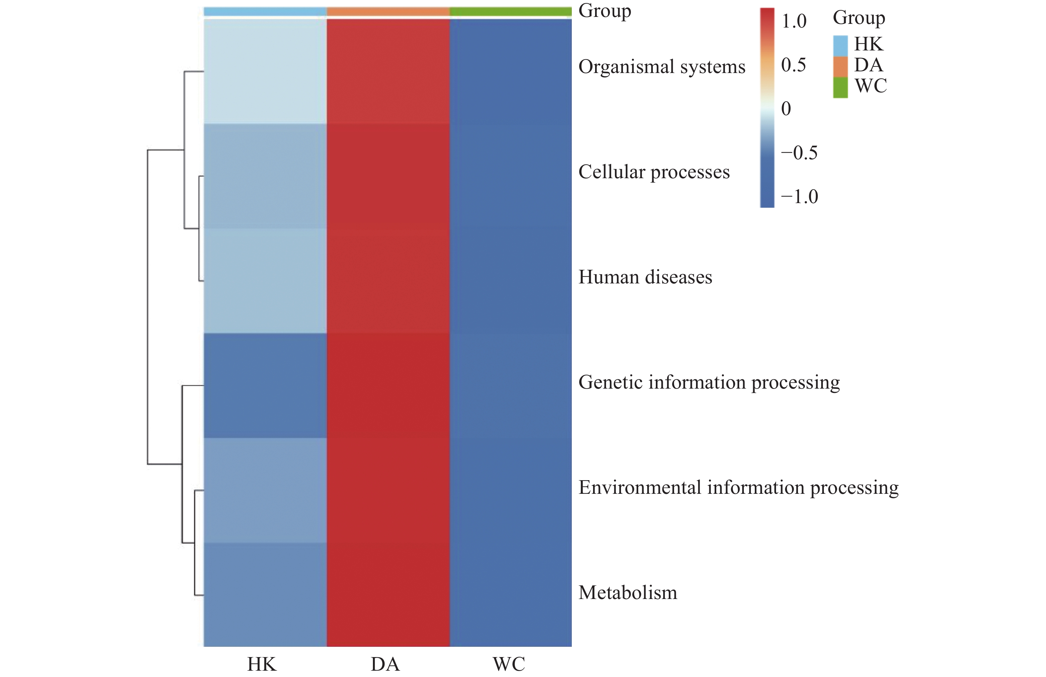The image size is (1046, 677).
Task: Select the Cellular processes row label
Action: [x=654, y=172]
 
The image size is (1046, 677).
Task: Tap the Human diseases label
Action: [x=645, y=277]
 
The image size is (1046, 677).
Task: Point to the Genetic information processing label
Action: [x=709, y=383]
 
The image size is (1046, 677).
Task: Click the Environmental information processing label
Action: [x=738, y=488]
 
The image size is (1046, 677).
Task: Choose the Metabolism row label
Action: [x=627, y=593]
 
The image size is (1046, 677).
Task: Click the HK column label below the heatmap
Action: [x=262, y=664]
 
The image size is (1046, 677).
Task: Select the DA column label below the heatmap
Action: [x=385, y=664]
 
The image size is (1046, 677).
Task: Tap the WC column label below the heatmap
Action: [x=508, y=664]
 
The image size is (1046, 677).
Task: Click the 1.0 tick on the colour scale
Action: [x=794, y=21]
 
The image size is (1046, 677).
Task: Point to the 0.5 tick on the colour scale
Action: [x=793, y=65]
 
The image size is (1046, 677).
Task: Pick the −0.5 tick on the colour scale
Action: [x=799, y=153]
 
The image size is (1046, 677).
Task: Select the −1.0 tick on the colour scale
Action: [x=799, y=196]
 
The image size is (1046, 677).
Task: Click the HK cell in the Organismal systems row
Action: [x=265, y=71]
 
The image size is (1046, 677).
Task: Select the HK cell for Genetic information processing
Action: [x=265, y=385]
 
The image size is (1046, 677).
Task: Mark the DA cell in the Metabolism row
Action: [x=388, y=594]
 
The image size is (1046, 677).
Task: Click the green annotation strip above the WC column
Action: [x=511, y=12]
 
